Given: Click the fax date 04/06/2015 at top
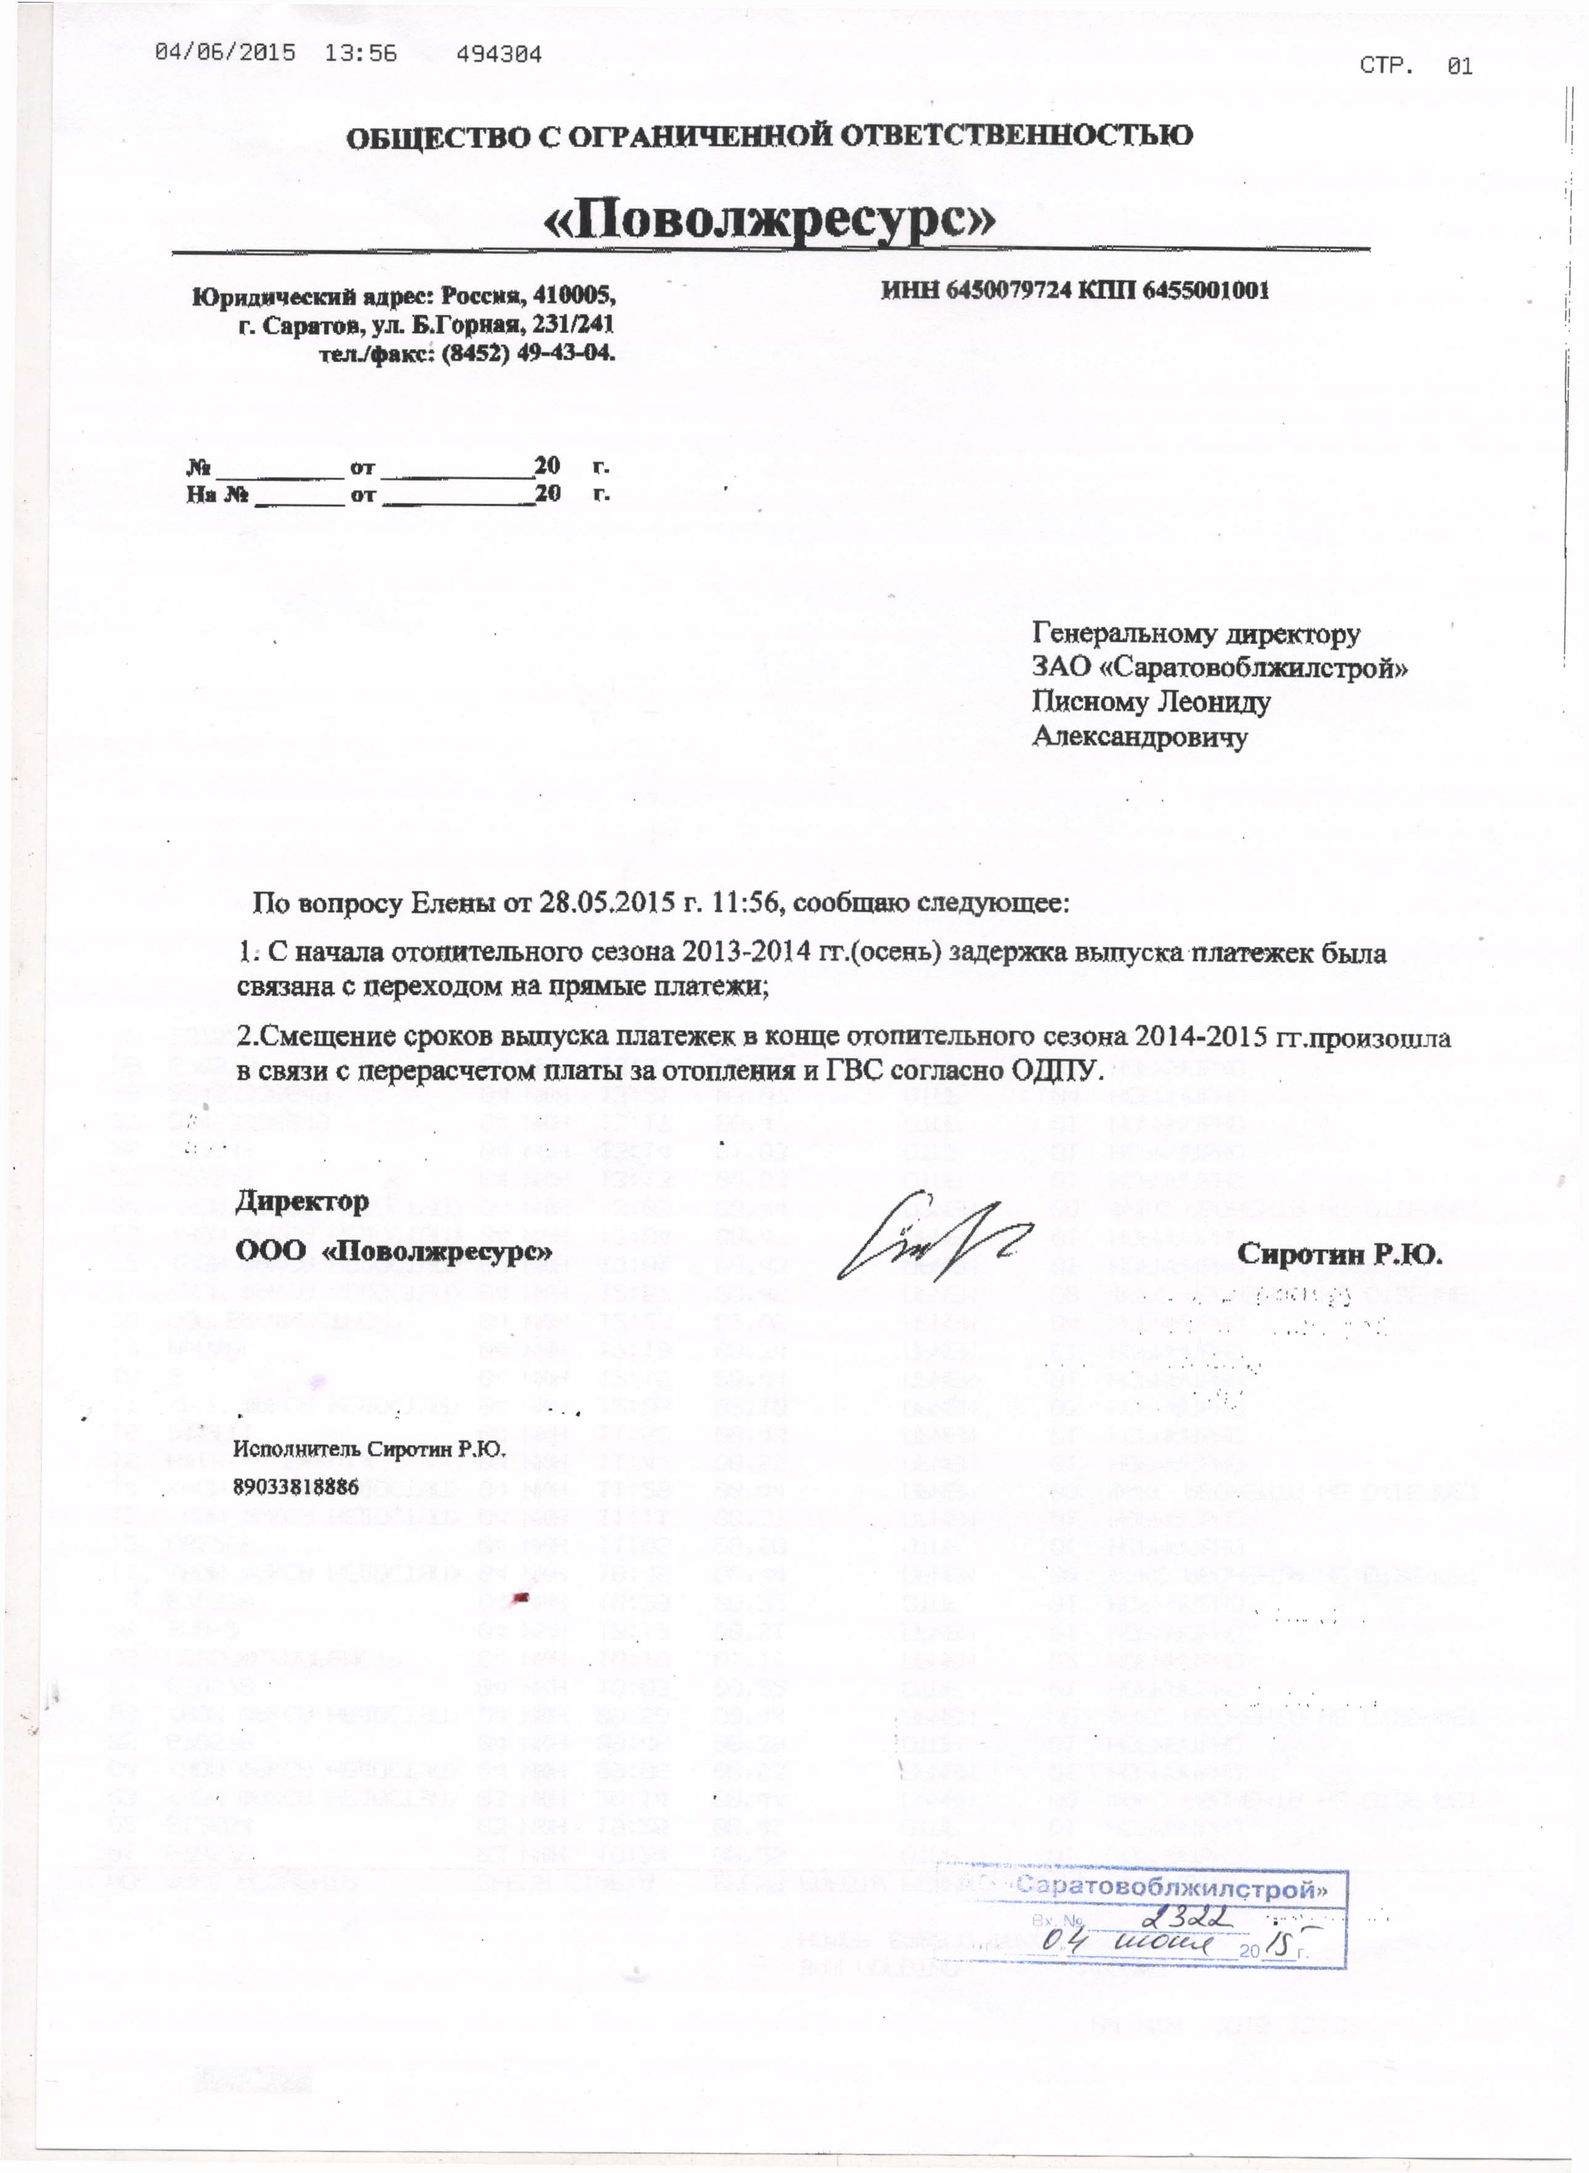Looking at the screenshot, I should click(225, 54).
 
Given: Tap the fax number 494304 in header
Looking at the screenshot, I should click(499, 54).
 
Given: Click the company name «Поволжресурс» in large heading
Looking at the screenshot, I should click(769, 221).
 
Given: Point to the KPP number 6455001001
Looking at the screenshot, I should click(1205, 290).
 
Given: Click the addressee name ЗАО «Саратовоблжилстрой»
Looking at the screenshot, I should click(1220, 667).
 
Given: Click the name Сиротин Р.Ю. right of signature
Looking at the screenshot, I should click(1341, 1254).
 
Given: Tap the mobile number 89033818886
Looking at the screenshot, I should click(295, 1487).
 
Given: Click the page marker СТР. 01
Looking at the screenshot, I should click(1416, 65).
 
